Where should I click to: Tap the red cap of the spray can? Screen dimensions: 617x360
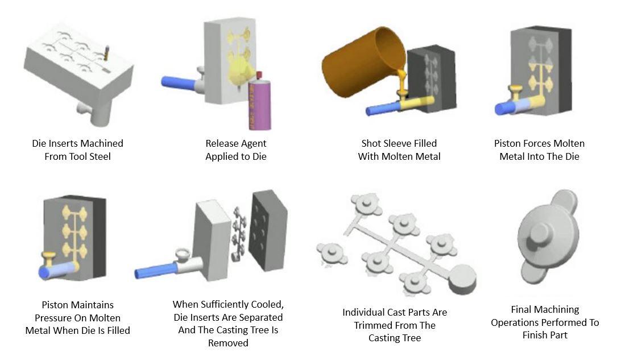coord(259,75)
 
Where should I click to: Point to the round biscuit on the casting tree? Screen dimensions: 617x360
coord(462,279)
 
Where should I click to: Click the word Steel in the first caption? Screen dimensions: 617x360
coord(100,156)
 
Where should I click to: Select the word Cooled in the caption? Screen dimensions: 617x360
coord(267,305)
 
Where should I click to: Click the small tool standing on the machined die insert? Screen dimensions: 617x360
coord(106,52)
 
